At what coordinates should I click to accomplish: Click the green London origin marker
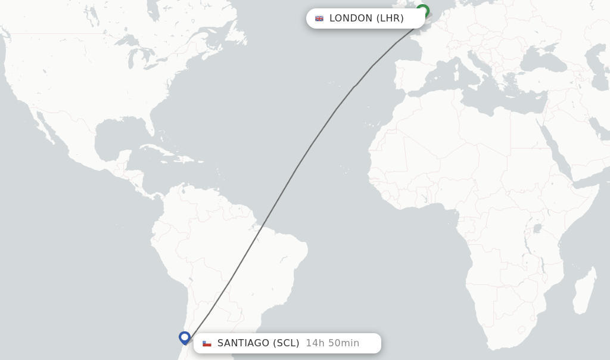click(x=422, y=11)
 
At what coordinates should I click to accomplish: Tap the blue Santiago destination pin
click(x=185, y=337)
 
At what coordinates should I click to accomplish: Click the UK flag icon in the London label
click(x=319, y=18)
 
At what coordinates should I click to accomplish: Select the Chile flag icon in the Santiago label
click(x=207, y=343)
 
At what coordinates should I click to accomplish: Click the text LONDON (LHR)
click(x=366, y=18)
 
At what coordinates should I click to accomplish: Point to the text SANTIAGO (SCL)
click(x=258, y=343)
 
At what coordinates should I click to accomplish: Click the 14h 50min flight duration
click(x=332, y=343)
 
